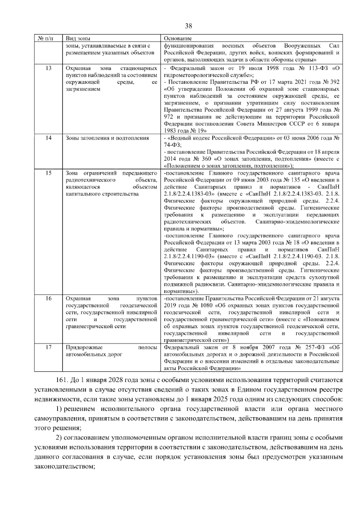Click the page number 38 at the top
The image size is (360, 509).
pyautogui.click(x=188, y=26)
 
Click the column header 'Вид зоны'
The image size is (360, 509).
pyautogui.click(x=78, y=39)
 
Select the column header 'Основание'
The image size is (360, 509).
pyautogui.click(x=178, y=39)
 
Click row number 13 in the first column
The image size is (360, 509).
pyautogui.click(x=48, y=68)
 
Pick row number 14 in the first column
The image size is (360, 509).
pyautogui.click(x=48, y=138)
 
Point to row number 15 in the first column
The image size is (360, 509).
pyautogui.click(x=48, y=173)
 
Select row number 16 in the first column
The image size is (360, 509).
pyautogui.click(x=48, y=298)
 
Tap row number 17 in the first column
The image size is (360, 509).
pyautogui.click(x=48, y=347)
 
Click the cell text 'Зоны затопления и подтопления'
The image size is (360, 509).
pyautogui.click(x=107, y=138)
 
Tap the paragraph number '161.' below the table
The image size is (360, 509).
pyautogui.click(x=61, y=380)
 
